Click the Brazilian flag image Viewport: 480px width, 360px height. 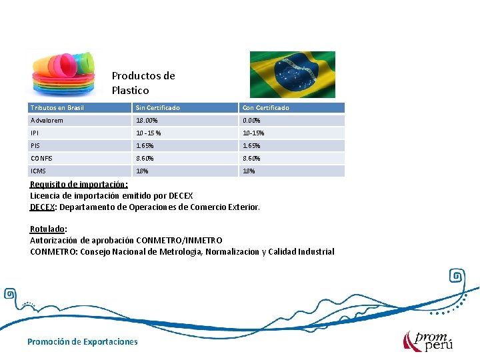292,75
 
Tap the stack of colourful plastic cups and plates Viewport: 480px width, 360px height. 65,73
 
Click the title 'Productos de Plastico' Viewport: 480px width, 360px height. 143,83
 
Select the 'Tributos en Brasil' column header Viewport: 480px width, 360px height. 57,107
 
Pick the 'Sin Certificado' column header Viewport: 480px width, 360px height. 158,107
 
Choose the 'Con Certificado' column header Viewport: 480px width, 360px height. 266,107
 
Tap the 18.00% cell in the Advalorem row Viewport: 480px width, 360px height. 147,121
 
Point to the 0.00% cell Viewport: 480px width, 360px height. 251,121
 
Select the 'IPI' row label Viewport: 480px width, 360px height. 35,133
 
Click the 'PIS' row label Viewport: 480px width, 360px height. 35,145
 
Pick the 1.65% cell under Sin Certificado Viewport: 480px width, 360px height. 145,145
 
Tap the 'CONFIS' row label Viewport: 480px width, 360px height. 42,158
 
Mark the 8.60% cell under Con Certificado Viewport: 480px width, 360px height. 251,158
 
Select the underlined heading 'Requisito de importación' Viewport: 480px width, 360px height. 79,185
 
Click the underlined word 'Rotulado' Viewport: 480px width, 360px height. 48,229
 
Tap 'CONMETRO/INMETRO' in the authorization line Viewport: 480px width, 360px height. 179,240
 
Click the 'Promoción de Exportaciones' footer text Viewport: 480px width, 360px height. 83,341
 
